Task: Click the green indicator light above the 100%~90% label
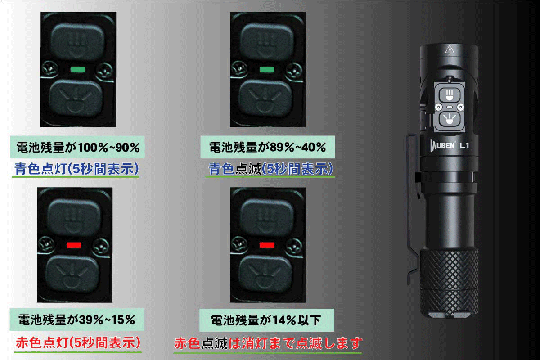78,69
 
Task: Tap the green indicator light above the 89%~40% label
266,69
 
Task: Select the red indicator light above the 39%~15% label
74,245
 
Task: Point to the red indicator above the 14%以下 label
266,245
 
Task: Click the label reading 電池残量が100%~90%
77,147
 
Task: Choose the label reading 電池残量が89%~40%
268,147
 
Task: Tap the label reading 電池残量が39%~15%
77,319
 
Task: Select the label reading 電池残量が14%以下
266,320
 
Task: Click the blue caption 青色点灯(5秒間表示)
76,169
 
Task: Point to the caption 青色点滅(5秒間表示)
270,169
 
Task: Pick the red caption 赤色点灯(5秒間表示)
78,342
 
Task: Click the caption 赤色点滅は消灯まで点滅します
268,343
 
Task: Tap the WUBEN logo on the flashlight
442,146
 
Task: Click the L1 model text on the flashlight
464,146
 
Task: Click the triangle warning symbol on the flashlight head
450,49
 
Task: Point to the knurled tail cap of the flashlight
449,283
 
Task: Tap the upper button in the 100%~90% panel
77,41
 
